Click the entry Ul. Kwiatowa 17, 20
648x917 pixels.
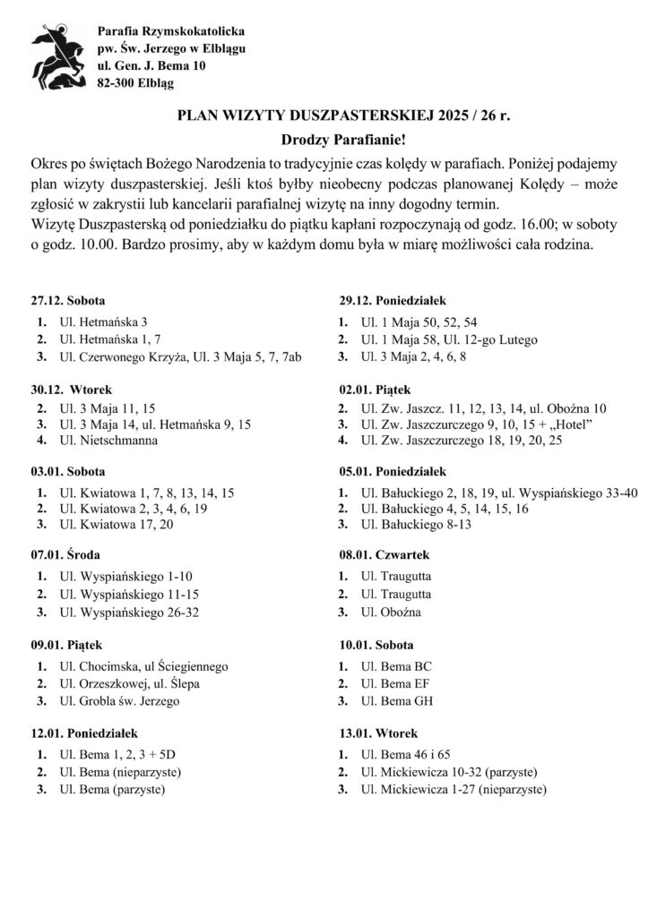117,525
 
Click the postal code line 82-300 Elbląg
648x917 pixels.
136,83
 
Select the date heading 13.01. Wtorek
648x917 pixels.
373,733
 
